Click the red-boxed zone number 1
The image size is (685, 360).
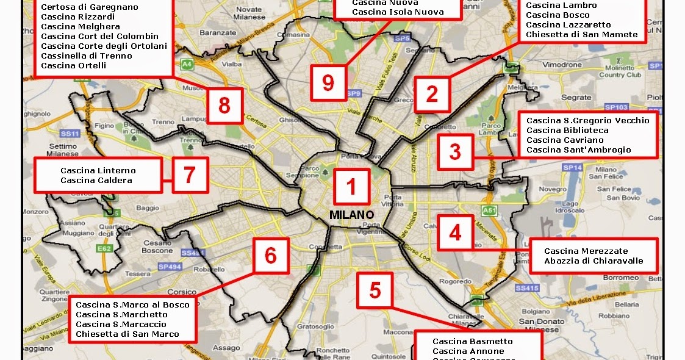point(351,186)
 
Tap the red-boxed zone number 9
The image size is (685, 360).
point(328,82)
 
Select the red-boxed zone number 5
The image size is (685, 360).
point(375,290)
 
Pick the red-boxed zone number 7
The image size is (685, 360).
point(189,175)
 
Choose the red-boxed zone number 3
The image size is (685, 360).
point(454,151)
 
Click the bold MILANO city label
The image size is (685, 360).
point(351,215)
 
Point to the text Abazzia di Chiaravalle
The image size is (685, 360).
point(594,261)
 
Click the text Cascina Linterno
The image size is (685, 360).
point(98,170)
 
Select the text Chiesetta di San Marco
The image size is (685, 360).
point(127,334)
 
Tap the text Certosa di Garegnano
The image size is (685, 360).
point(90,7)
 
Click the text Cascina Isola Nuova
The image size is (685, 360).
point(398,12)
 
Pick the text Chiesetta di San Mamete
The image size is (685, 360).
point(582,35)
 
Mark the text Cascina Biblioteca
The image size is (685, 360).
point(567,130)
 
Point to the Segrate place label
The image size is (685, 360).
point(576,98)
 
